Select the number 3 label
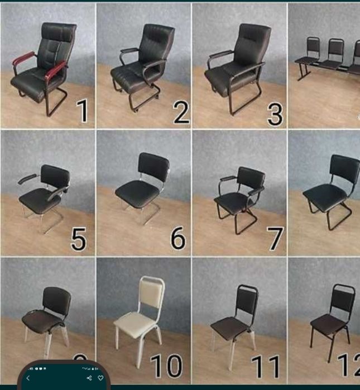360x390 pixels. click(x=275, y=113)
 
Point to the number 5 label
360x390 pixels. click(x=78, y=239)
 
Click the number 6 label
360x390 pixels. click(x=177, y=238)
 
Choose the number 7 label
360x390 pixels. click(x=275, y=239)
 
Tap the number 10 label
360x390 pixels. click(x=166, y=366)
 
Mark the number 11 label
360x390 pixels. click(x=265, y=367)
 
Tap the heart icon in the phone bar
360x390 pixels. click(x=101, y=378)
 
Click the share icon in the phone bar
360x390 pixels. click(x=89, y=378)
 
